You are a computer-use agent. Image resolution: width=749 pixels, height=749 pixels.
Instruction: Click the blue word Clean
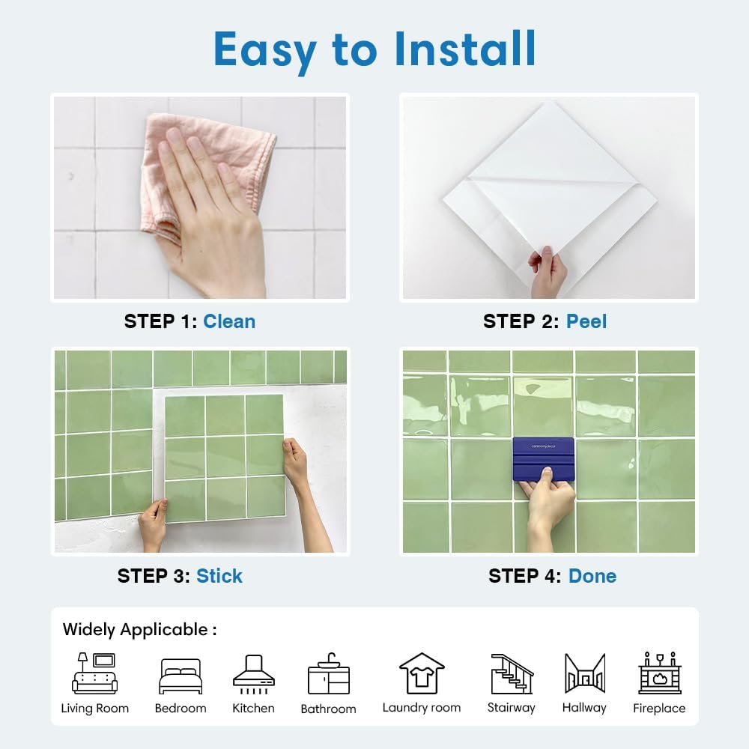[x=229, y=321]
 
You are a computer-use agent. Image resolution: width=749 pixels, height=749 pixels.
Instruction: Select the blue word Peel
[x=586, y=321]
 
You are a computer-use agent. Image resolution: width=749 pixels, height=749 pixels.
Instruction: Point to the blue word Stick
[x=219, y=576]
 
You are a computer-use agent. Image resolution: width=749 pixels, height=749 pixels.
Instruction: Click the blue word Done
[x=592, y=576]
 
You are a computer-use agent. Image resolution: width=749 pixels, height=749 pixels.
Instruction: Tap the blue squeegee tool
[x=543, y=459]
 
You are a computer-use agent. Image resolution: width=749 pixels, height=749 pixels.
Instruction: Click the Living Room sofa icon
[x=94, y=673]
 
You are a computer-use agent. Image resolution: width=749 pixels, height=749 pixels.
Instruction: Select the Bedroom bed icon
[x=181, y=676]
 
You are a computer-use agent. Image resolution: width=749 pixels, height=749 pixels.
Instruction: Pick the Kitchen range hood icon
[x=254, y=674]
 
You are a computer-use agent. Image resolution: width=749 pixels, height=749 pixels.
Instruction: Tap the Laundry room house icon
[x=422, y=673]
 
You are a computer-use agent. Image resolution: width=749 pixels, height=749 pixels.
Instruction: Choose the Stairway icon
[x=512, y=673]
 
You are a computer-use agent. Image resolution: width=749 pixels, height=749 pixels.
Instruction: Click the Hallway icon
[x=585, y=673]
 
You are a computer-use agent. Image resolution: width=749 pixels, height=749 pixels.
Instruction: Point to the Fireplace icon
[x=660, y=673]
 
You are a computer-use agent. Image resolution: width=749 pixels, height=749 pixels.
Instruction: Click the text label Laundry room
[x=422, y=708]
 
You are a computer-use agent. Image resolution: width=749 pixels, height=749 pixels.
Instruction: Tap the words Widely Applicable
[x=135, y=630]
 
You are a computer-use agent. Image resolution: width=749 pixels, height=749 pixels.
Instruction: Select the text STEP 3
[x=154, y=576]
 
